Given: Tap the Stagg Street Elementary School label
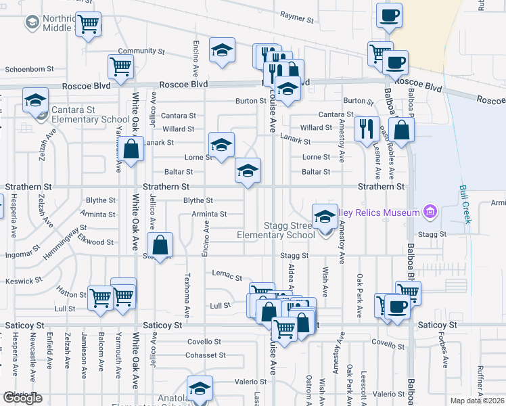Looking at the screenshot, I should pos(275,230).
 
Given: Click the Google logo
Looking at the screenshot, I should pos(22,397).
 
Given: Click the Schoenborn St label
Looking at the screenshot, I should pos(29,69).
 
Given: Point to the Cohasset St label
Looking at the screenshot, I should pos(206,355).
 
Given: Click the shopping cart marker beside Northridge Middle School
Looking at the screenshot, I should pos(88,24).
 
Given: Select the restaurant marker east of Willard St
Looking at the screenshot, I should pos(366,128).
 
